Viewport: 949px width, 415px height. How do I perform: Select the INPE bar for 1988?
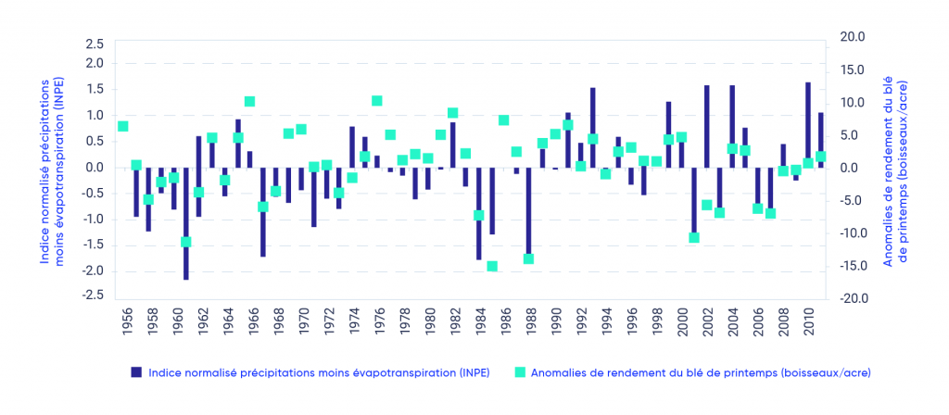(x=528, y=212)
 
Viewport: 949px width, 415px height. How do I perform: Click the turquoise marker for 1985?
(x=491, y=266)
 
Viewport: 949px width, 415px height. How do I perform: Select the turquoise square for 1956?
(x=123, y=126)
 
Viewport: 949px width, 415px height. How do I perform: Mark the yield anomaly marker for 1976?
(x=377, y=101)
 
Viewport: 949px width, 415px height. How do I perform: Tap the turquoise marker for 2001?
(x=694, y=238)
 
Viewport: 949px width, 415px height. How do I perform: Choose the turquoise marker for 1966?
(x=250, y=102)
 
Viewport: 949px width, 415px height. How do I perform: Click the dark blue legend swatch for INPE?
(x=136, y=372)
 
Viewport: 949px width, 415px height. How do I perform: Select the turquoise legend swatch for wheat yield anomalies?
(x=520, y=372)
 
